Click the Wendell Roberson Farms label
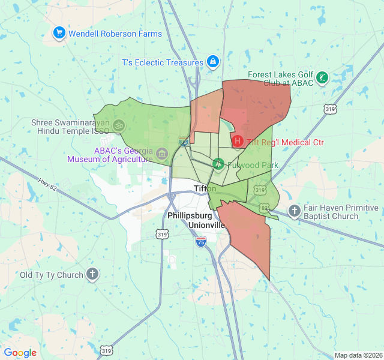point(115,34)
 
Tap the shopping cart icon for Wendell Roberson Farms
point(59,33)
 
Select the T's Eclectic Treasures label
point(163,62)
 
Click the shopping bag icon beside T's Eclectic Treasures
point(213,61)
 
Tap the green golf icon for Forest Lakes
point(323,77)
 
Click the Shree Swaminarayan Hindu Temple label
point(70,126)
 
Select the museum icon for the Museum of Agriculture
point(161,154)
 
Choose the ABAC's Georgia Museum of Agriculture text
point(110,155)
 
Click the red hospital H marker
point(238,142)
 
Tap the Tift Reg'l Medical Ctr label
point(285,142)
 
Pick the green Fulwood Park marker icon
point(218,163)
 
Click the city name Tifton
point(205,188)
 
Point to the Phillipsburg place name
point(190,215)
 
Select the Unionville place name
point(205,225)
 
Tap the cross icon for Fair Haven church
point(294,211)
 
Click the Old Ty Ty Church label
point(52,275)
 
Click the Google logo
point(20,353)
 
